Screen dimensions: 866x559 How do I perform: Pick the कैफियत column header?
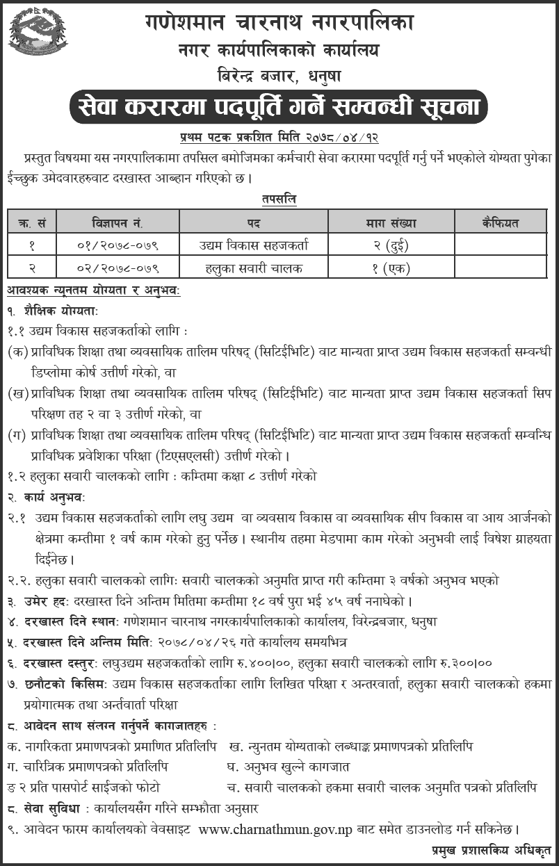point(500,223)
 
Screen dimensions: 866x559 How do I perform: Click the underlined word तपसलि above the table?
point(279,199)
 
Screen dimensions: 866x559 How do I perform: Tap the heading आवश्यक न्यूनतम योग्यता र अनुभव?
point(93,288)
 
